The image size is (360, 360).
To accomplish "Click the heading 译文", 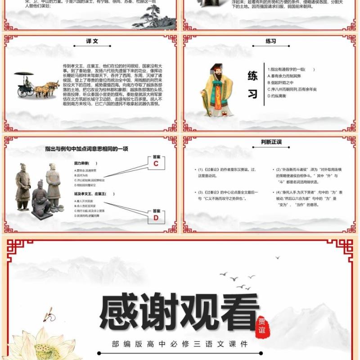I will click(x=92, y=41).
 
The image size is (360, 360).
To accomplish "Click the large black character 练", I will click(x=252, y=76).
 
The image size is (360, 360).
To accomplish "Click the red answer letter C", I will click(x=156, y=164).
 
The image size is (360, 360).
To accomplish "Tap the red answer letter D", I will click(x=156, y=218).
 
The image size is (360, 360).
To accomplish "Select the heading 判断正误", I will click(x=271, y=142).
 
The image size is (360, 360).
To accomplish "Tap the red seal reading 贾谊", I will click(x=262, y=324).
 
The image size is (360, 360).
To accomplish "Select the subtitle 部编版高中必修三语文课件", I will click(x=180, y=344).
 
